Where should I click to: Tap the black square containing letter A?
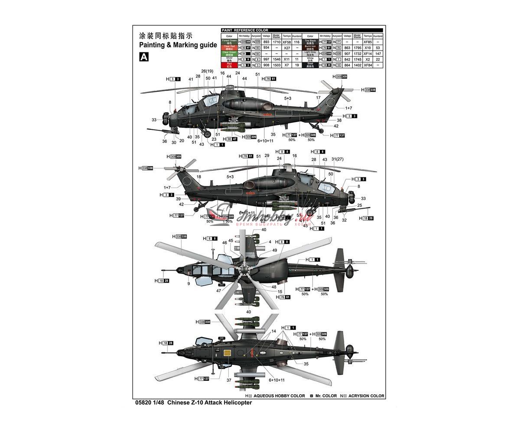[x=143, y=57]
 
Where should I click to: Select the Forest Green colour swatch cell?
[x=227, y=42]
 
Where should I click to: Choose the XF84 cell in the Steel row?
[x=367, y=65]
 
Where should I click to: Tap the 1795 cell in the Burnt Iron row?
[x=357, y=48]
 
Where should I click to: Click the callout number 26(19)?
[x=208, y=71]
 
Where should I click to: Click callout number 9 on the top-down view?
[x=188, y=283]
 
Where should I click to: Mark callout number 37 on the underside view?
[x=229, y=380]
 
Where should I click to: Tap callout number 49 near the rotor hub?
[x=274, y=250]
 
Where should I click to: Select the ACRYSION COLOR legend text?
[x=366, y=396]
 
